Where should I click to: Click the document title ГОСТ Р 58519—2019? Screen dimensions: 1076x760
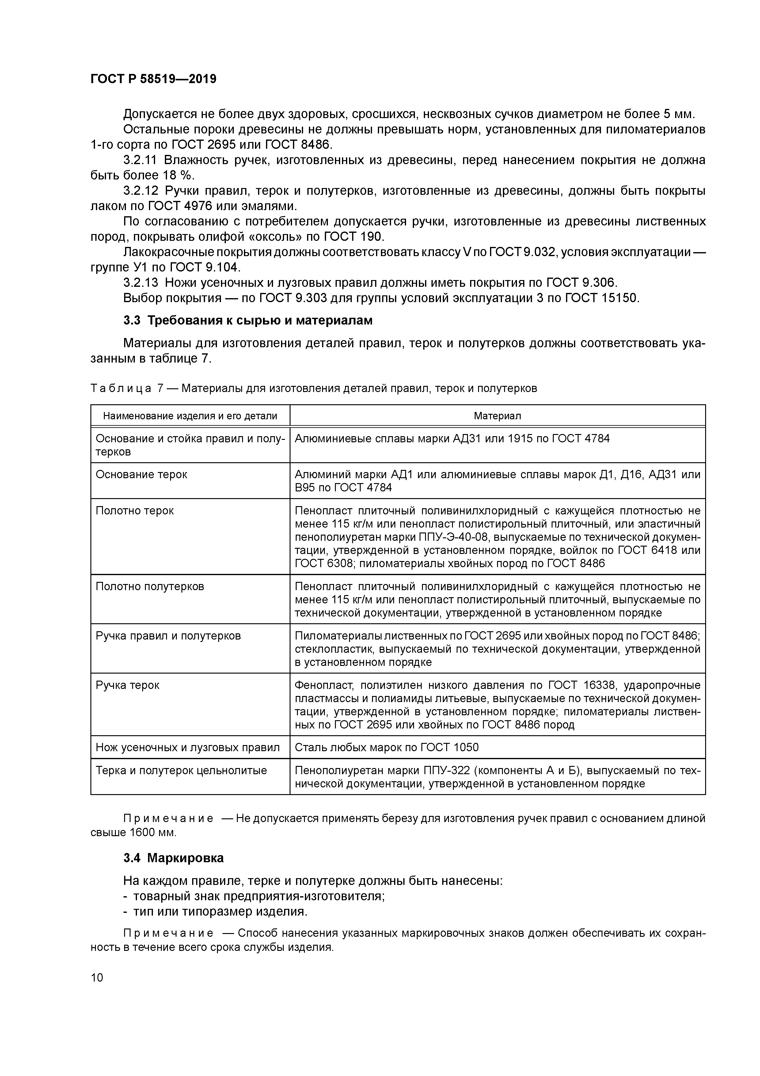(153, 79)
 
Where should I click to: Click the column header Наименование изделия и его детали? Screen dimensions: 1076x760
(190, 416)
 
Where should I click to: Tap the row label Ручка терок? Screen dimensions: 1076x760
(127, 685)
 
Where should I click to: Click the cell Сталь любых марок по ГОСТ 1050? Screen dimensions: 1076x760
(386, 747)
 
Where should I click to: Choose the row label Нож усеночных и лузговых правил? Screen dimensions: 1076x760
(187, 747)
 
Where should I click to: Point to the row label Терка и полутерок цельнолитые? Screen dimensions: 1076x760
(181, 770)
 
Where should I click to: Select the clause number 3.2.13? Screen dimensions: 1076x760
(140, 282)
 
